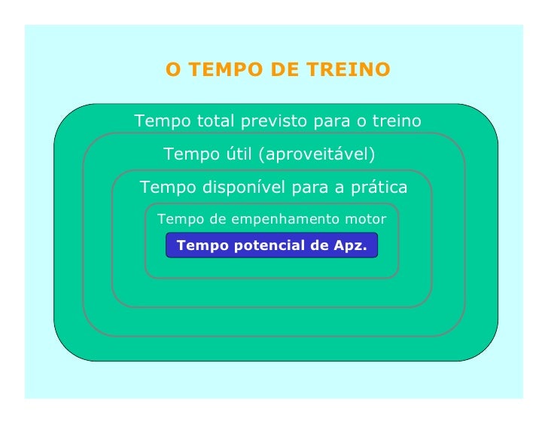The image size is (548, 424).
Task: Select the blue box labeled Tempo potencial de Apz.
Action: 271,246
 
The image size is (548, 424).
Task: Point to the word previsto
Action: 270,121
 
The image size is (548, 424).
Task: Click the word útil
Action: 236,155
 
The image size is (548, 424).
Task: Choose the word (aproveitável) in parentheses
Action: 316,155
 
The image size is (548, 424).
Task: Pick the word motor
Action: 364,220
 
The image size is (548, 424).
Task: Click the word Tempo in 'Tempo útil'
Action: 188,155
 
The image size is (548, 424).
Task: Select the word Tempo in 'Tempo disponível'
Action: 165,187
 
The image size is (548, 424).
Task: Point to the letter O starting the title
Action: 173,70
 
